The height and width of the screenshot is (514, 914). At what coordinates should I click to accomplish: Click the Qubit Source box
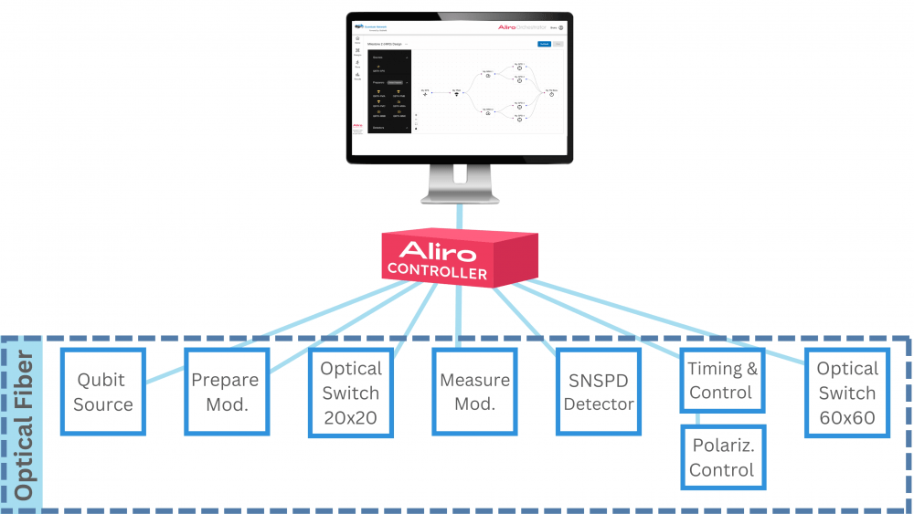[x=103, y=392]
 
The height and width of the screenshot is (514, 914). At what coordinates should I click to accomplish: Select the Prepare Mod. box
[x=225, y=392]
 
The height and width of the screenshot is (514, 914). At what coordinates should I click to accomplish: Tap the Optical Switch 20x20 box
[x=350, y=392]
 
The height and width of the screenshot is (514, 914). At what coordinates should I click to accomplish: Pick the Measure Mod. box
[x=474, y=392]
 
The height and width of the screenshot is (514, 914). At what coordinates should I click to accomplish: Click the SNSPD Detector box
[x=599, y=392]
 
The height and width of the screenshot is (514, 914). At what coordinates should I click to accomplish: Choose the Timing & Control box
[x=721, y=381]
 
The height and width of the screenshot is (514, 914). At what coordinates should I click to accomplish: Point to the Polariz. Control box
[x=721, y=457]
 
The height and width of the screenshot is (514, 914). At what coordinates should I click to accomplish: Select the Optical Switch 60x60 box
[x=846, y=393]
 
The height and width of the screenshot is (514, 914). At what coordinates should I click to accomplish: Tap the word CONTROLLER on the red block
[x=437, y=271]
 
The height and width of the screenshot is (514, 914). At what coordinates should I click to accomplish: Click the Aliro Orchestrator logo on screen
[x=520, y=27]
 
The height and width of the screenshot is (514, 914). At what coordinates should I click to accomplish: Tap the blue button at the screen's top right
[x=543, y=43]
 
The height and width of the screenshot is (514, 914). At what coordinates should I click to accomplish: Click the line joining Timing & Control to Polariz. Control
[x=696, y=419]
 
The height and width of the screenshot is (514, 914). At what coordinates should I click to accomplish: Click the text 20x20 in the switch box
[x=350, y=417]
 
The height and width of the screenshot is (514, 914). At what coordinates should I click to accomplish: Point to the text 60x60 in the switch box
[x=846, y=418]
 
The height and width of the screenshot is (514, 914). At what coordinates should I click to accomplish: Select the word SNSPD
[x=599, y=380]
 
